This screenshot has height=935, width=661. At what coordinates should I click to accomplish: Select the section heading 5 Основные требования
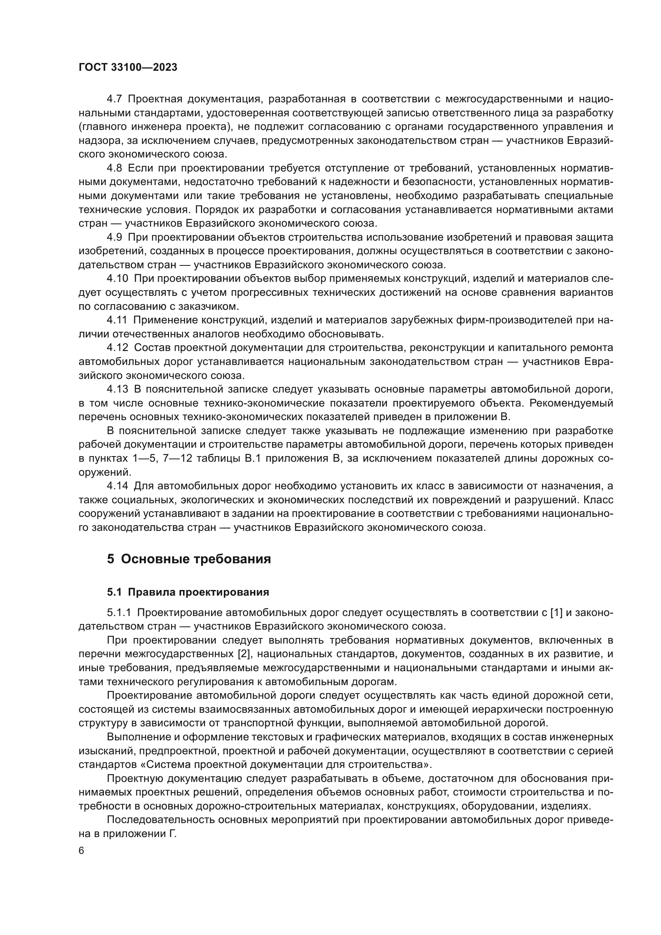tap(189, 559)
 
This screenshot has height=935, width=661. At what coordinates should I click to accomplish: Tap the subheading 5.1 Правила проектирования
tap(188, 592)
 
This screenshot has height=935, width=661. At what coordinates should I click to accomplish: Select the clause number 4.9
tap(115, 237)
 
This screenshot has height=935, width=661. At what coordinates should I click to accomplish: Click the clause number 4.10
tap(117, 279)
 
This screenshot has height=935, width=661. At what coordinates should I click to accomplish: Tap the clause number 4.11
tap(117, 321)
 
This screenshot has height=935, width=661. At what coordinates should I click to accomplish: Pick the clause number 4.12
tap(117, 348)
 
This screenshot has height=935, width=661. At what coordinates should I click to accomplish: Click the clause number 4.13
tap(117, 389)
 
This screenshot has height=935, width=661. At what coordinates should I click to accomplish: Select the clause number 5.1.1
tap(120, 613)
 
